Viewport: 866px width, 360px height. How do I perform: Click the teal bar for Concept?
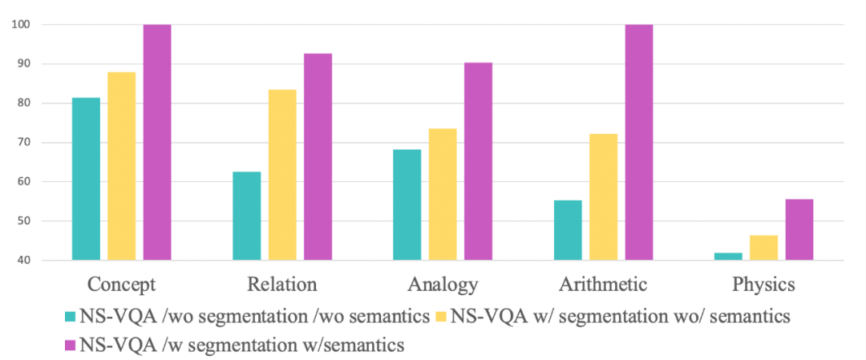tap(86, 179)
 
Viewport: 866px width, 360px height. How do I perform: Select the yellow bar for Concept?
tap(121, 166)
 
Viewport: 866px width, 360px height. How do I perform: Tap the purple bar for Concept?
tap(157, 142)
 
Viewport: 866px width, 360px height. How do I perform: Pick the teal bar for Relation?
tap(246, 216)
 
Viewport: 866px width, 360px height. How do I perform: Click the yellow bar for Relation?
tap(282, 175)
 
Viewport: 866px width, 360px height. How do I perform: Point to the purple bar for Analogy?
tap(479, 161)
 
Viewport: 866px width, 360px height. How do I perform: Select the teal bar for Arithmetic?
tap(568, 230)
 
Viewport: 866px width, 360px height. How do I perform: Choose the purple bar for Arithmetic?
tap(639, 142)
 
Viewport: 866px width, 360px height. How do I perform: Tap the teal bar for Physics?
tap(728, 257)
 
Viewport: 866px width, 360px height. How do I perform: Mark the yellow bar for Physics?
tap(763, 248)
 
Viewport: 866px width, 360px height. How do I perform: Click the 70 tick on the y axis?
tap(23, 143)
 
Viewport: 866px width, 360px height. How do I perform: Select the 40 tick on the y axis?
tap(23, 261)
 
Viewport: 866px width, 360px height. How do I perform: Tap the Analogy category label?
tap(443, 285)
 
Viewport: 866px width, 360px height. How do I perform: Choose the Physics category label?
tap(763, 285)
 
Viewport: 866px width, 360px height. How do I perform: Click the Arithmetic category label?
tap(603, 285)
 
